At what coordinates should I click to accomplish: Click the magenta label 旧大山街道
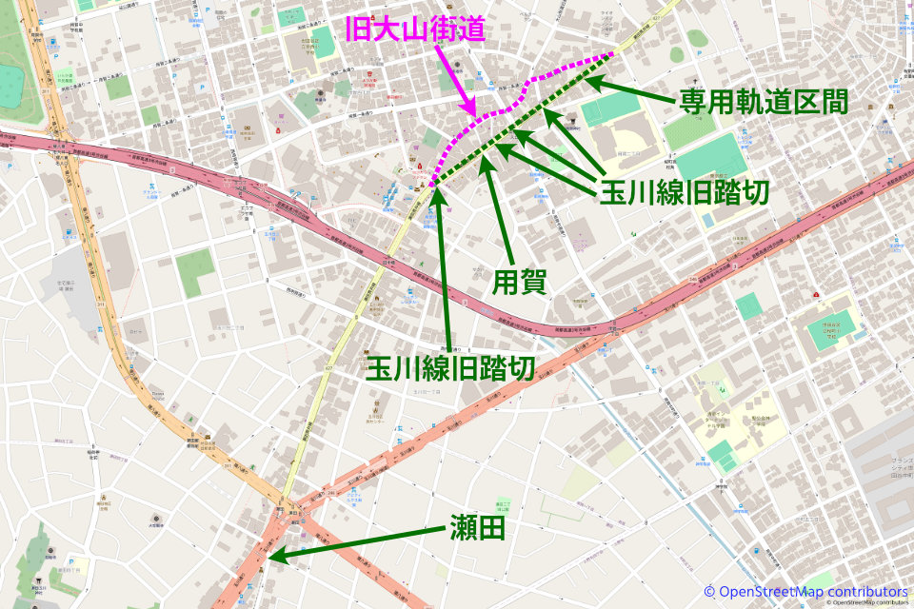[x=415, y=29]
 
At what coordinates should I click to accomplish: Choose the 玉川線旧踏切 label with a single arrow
[x=450, y=370]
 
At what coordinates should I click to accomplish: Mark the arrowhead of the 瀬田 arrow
[x=270, y=558]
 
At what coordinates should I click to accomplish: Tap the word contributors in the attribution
[x=866, y=592]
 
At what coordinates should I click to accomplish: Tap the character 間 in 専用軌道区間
[x=834, y=103]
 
